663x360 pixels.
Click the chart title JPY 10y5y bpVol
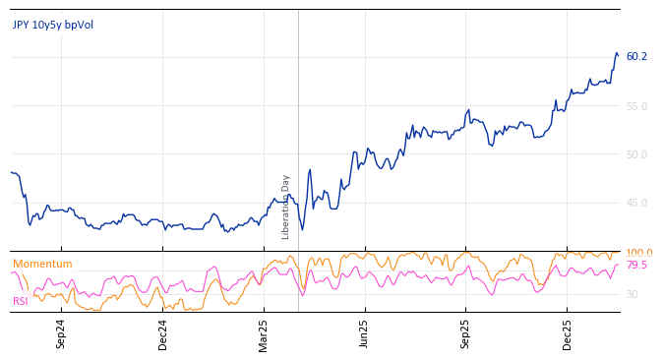point(53,25)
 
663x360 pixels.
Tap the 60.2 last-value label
point(636,57)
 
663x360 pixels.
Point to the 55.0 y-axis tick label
point(636,106)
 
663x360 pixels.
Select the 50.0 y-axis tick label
point(636,154)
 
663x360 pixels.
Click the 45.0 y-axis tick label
point(636,204)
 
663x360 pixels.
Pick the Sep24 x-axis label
point(61,334)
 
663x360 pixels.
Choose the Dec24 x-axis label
point(163,334)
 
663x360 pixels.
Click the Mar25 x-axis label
point(264,334)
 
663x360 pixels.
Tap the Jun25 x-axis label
point(365,334)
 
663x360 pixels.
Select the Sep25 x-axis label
point(466,334)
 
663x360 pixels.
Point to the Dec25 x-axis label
point(568,334)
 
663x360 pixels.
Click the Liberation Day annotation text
point(286,207)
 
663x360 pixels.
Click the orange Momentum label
point(42,264)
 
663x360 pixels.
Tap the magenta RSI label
point(20,301)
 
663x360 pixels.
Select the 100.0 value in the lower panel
point(638,253)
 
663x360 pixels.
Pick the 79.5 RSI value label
point(636,266)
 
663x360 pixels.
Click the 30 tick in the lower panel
point(632,294)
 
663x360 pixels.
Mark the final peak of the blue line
point(617,53)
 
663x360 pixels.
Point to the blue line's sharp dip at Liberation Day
point(301,230)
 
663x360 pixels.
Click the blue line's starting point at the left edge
point(11,172)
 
